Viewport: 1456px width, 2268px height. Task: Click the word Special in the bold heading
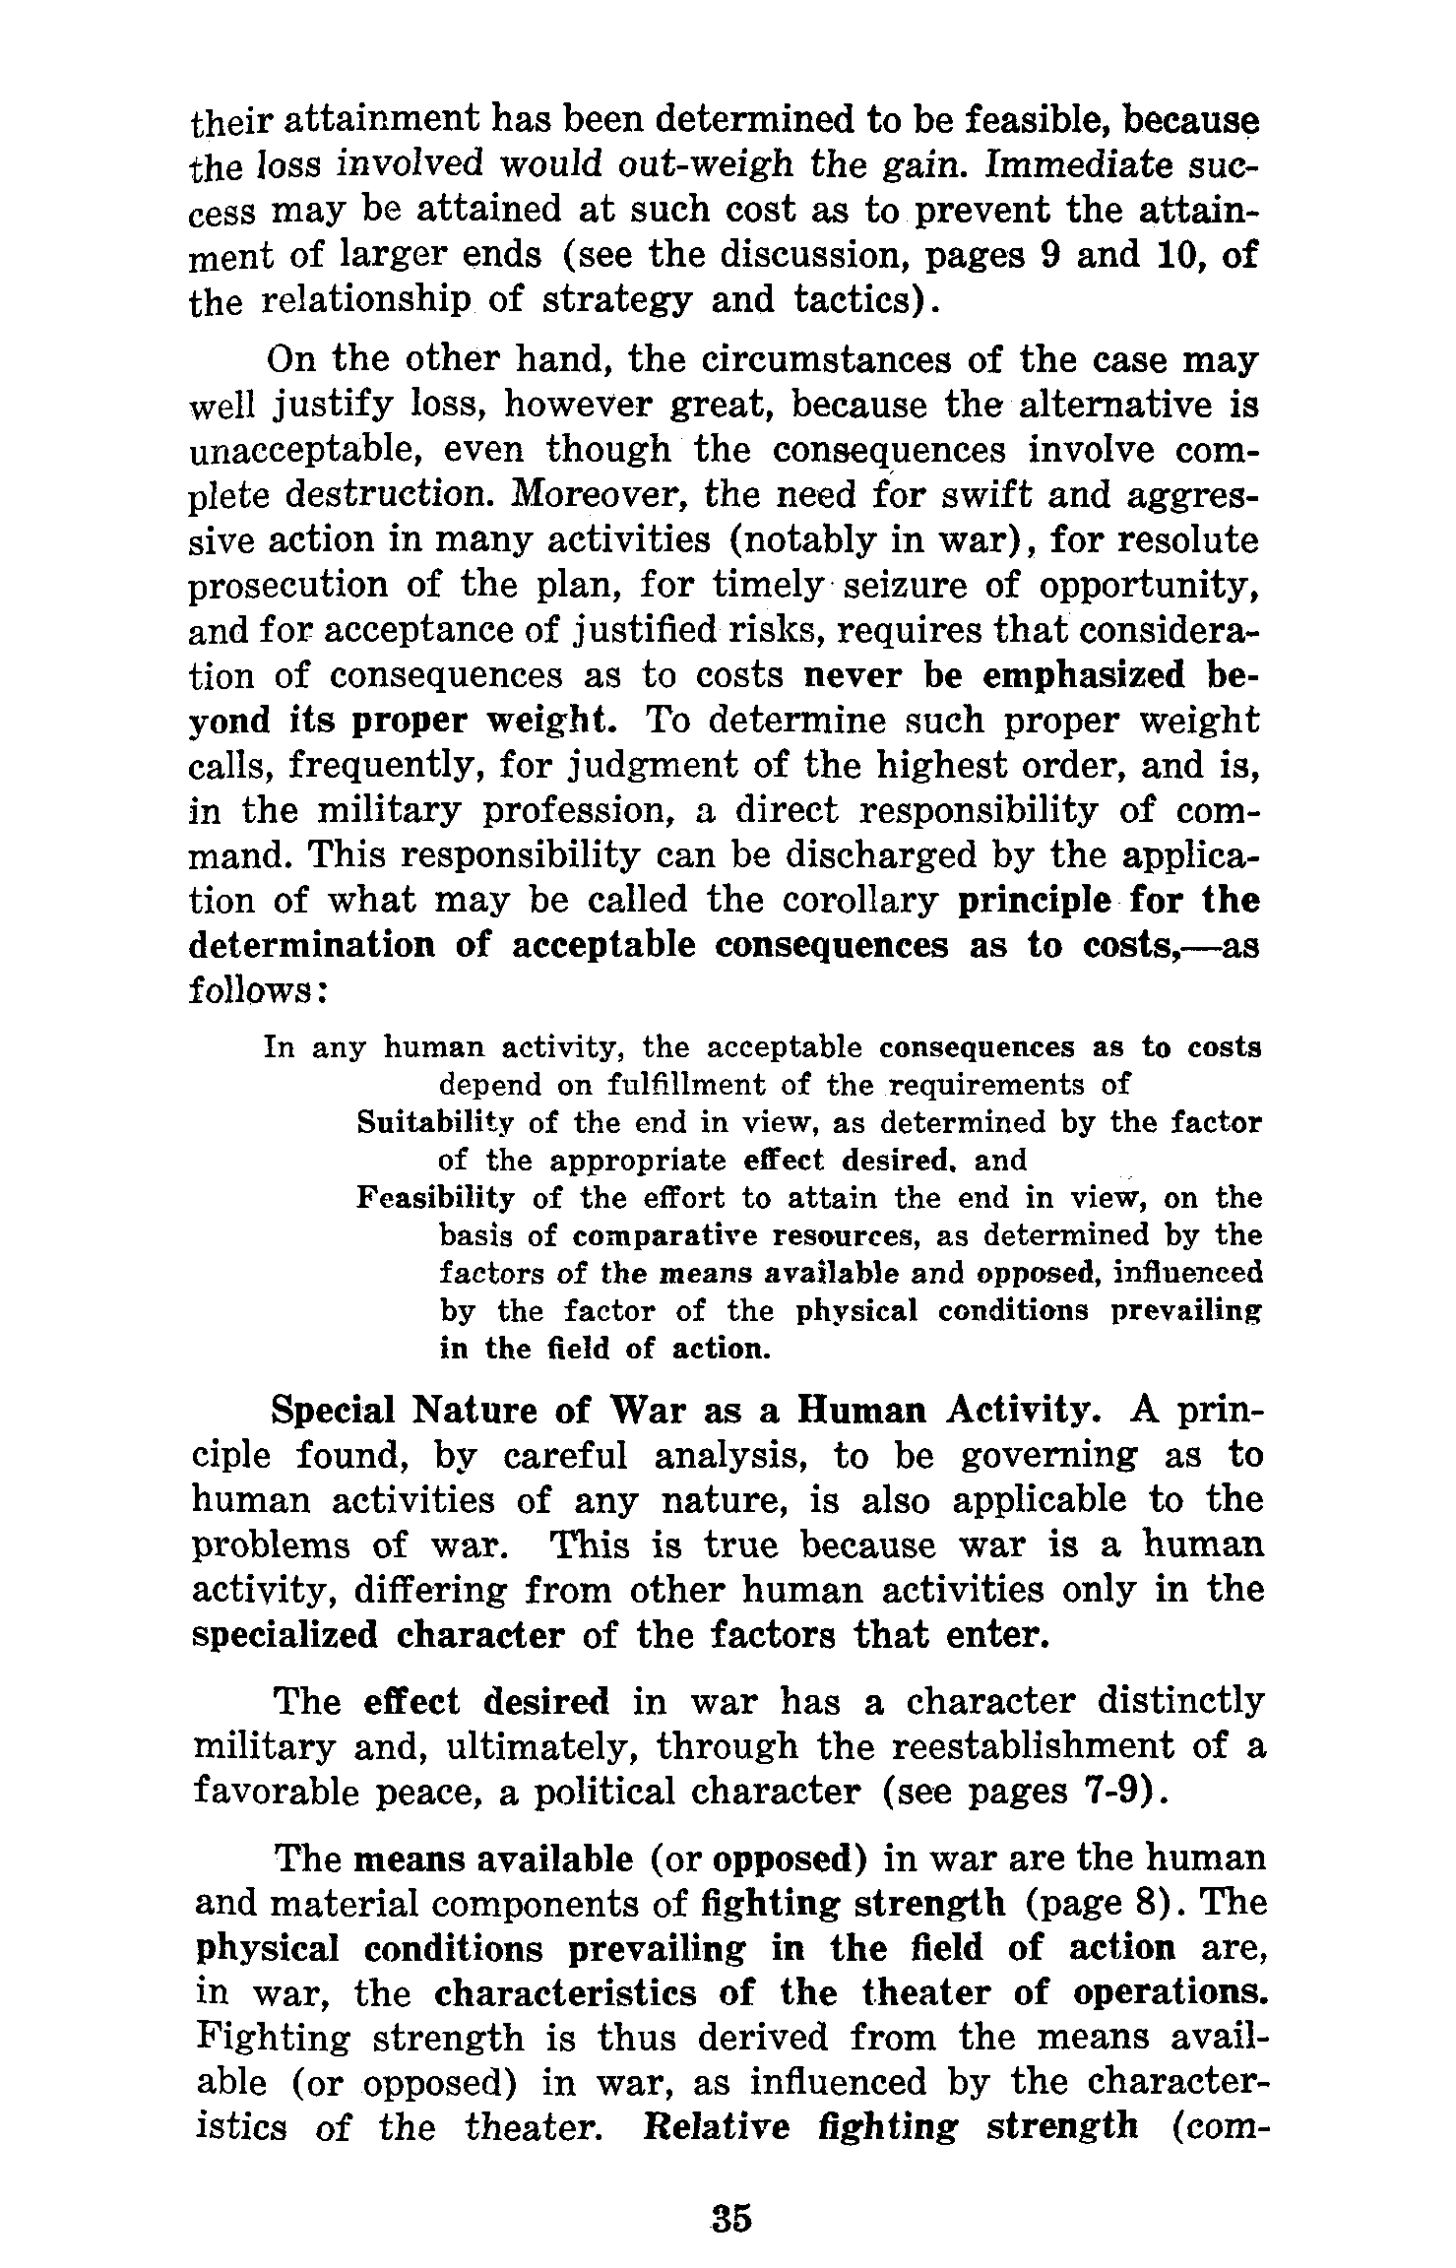pyautogui.click(x=331, y=1412)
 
